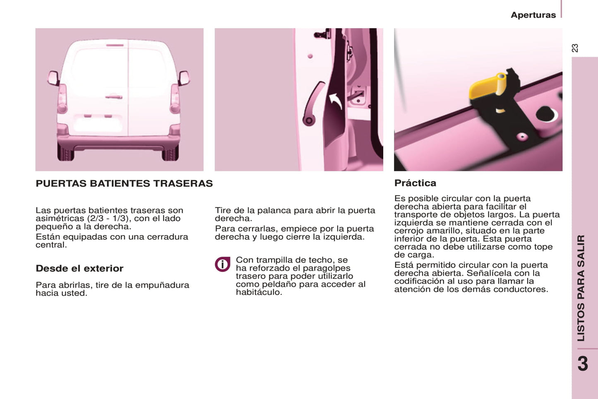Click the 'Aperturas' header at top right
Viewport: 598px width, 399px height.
pyautogui.click(x=533, y=15)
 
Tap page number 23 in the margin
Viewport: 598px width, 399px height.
pyautogui.click(x=575, y=48)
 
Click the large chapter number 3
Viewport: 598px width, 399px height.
pyautogui.click(x=583, y=364)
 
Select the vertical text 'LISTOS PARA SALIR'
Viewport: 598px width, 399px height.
pyautogui.click(x=581, y=288)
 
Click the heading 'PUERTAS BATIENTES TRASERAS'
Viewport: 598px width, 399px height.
pyautogui.click(x=124, y=183)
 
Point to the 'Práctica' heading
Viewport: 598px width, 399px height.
pyautogui.click(x=415, y=183)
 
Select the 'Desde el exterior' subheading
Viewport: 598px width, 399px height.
pyautogui.click(x=79, y=268)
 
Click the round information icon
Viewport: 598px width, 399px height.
pyautogui.click(x=222, y=264)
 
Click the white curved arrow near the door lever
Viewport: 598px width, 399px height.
pyautogui.click(x=336, y=101)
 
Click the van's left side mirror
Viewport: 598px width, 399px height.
pyautogui.click(x=54, y=78)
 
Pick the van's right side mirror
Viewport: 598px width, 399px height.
pyautogui.click(x=184, y=78)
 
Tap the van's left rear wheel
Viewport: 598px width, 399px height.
pyautogui.click(x=65, y=153)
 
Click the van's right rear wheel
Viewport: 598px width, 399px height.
pyautogui.click(x=170, y=153)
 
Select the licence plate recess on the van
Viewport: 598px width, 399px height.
pyautogui.click(x=98, y=123)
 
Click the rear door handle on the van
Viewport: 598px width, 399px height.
pyautogui.click(x=114, y=96)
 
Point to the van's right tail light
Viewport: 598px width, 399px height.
pyautogui.click(x=175, y=99)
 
